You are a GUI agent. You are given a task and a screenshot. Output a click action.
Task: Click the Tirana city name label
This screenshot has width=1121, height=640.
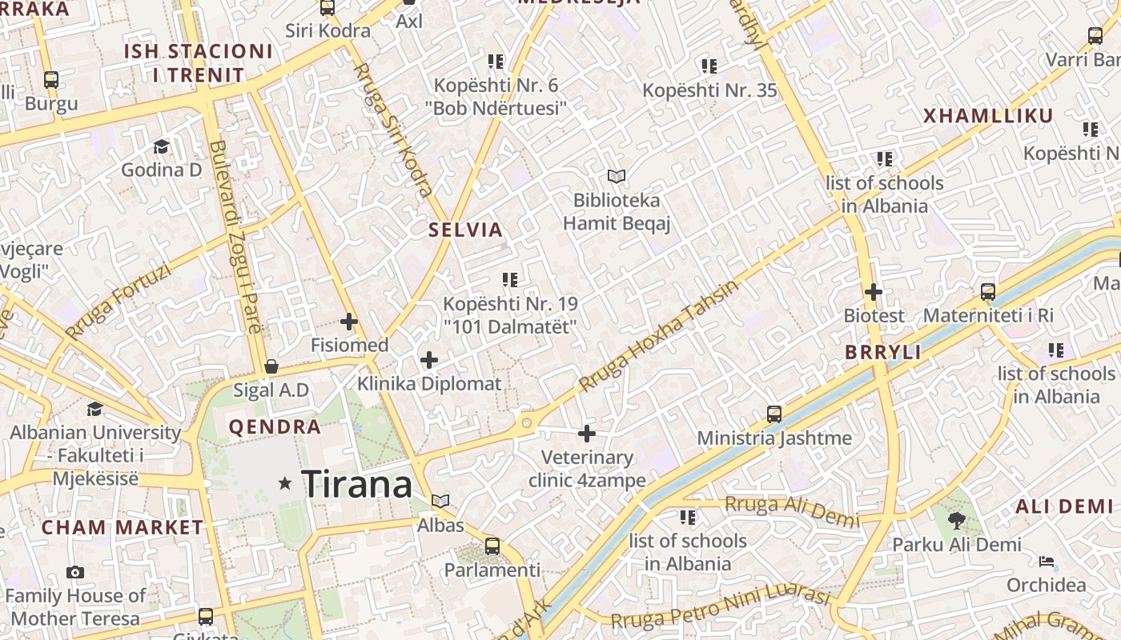tap(356, 484)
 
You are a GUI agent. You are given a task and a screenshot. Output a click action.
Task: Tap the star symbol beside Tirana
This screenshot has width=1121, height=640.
tap(284, 483)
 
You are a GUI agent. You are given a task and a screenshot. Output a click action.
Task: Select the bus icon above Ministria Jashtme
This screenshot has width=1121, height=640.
tap(774, 414)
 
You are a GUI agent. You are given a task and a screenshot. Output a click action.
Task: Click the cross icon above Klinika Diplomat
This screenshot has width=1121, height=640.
tap(429, 360)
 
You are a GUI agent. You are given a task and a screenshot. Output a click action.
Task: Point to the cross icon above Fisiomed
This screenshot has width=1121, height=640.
tap(349, 322)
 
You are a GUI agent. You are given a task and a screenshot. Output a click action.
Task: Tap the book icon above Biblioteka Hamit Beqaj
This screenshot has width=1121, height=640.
tap(616, 176)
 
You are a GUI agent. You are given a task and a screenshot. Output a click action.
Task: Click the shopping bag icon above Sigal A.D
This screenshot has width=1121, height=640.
tap(271, 366)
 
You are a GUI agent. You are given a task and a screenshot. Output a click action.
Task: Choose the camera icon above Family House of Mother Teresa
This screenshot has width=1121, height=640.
tap(75, 572)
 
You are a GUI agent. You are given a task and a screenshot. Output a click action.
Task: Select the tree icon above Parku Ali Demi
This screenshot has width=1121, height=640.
tap(956, 521)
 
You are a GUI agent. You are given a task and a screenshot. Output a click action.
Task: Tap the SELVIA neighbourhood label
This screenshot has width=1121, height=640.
tap(465, 230)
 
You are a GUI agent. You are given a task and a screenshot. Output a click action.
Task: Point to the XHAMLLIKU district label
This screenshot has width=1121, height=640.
tap(988, 116)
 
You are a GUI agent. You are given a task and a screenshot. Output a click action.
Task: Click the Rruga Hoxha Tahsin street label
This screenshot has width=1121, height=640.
tap(658, 336)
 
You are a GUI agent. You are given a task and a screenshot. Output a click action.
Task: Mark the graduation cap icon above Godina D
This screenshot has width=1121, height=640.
tap(162, 146)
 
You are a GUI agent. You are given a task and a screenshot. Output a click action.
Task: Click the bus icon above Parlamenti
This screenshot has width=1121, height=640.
tap(492, 546)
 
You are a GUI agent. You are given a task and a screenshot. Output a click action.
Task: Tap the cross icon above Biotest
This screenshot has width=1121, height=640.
tap(874, 292)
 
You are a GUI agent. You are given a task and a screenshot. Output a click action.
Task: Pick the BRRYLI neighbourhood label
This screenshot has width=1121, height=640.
tap(883, 352)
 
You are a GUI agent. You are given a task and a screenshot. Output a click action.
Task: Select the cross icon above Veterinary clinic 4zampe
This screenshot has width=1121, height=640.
tap(587, 434)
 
